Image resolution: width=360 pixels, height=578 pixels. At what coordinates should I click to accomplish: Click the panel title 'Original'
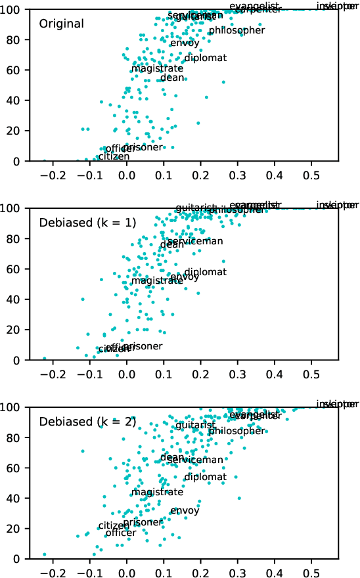(61, 24)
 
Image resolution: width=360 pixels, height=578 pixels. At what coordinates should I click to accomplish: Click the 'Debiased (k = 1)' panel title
(87, 223)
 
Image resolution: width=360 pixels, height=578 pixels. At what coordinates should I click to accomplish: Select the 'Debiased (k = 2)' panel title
(87, 422)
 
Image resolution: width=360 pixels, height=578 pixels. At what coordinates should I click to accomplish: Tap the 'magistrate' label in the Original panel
(157, 69)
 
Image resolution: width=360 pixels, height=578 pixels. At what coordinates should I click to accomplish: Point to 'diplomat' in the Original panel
(205, 58)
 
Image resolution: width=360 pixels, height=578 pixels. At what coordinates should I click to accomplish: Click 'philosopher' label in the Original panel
(236, 31)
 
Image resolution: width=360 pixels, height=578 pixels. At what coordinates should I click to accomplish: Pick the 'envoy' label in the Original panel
(185, 43)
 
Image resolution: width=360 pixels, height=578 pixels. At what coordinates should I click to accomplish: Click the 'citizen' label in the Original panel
(114, 157)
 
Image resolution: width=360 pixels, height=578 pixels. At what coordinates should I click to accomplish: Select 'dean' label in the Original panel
(172, 78)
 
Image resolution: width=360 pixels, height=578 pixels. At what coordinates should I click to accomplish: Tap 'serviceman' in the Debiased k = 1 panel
(195, 242)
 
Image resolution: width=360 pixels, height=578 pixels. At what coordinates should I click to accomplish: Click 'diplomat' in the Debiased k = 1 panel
(205, 273)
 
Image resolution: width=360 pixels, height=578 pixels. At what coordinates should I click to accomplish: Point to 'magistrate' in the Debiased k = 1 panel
(157, 281)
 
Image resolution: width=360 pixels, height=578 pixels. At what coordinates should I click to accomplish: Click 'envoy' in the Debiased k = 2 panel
(185, 511)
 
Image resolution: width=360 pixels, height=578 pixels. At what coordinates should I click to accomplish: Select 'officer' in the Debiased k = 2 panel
(120, 533)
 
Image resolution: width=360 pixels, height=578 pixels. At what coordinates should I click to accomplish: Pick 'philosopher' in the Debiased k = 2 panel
(236, 432)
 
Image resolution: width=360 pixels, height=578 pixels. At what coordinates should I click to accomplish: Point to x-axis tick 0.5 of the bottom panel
(312, 572)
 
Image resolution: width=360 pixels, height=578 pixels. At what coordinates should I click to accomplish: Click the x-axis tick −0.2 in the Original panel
(51, 175)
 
